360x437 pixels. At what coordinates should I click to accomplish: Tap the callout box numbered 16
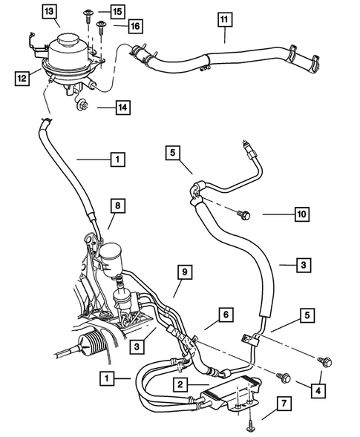(132, 26)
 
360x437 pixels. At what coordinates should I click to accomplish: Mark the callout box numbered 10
(300, 215)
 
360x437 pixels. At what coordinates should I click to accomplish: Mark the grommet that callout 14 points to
(81, 107)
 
